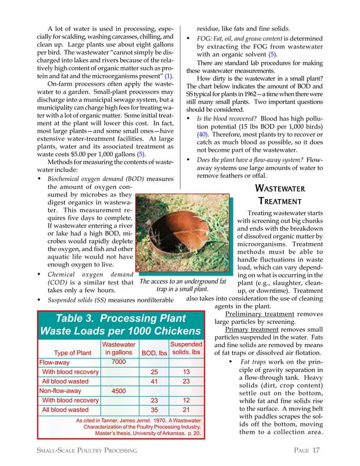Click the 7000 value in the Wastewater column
[119, 362]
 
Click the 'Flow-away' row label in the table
[55, 362]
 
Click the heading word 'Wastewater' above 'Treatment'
[280, 188]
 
